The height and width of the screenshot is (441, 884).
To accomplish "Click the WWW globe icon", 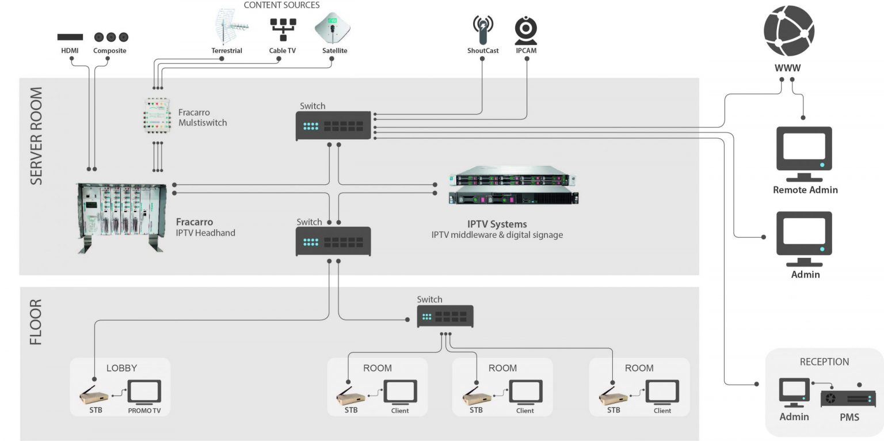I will coord(788,30).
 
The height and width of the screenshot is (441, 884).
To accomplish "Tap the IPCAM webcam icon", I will coord(525,30).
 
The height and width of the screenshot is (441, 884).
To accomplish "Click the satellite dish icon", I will coord(333,28).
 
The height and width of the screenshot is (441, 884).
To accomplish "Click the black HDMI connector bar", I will coord(70,37).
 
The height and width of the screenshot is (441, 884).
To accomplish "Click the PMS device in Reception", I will coord(848,398).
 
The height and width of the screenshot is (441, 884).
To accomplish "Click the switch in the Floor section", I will coord(445,317).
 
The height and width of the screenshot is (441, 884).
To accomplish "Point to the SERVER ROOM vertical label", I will coord(36,136).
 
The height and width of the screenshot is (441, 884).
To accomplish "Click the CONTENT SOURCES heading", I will coord(281,5).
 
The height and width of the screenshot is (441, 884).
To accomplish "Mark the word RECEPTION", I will coord(824,362).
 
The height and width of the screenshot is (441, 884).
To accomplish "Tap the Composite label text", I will coord(109,51).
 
